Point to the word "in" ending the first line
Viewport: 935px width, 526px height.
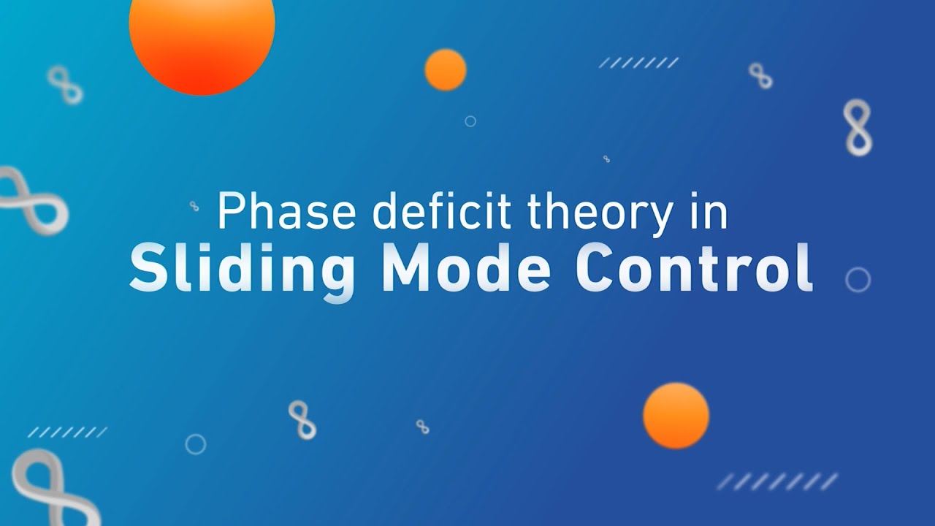tap(708, 212)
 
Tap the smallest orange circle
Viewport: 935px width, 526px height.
tap(446, 69)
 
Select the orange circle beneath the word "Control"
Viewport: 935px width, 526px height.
tap(676, 415)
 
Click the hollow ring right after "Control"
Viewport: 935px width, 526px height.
tap(858, 280)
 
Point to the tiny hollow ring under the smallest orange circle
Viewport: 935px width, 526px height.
tap(470, 121)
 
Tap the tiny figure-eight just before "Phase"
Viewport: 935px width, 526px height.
tap(194, 206)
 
